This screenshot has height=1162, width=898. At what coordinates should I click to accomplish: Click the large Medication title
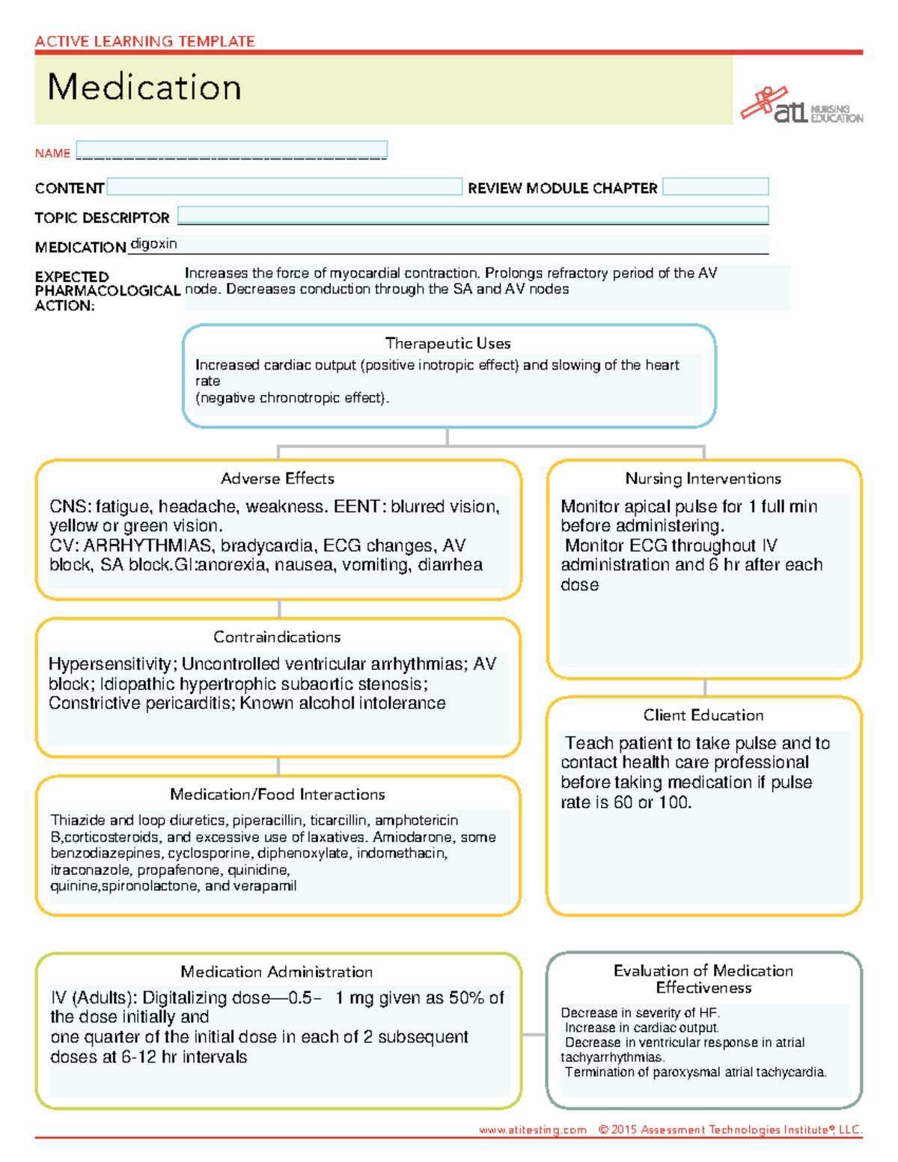[144, 88]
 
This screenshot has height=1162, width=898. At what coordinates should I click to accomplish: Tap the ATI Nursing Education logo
[801, 107]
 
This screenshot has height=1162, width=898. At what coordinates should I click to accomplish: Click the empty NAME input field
[231, 150]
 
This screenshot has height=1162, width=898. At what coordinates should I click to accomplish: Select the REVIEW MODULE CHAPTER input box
[715, 187]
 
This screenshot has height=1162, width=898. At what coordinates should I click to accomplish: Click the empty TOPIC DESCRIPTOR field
[472, 215]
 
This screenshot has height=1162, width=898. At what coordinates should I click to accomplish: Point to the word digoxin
[154, 244]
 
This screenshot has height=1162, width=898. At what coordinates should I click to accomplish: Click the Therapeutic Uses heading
[448, 343]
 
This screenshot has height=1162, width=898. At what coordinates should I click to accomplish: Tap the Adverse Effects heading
[278, 479]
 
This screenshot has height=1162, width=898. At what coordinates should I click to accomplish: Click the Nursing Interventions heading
[703, 479]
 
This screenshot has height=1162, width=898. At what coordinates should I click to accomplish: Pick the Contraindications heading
[277, 637]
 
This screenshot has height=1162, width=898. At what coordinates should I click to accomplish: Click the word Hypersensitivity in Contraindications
[111, 664]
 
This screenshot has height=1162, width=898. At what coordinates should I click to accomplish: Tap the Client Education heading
[703, 715]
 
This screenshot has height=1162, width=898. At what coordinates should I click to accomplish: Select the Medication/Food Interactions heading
[277, 795]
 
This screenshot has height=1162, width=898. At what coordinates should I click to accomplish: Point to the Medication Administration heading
[276, 972]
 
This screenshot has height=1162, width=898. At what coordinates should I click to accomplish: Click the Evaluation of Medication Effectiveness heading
[703, 979]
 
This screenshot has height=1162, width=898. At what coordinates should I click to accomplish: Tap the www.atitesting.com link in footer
[533, 1130]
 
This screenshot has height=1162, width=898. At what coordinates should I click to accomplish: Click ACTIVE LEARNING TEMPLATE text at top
[145, 41]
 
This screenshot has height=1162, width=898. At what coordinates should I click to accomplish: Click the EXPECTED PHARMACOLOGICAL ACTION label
[106, 291]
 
